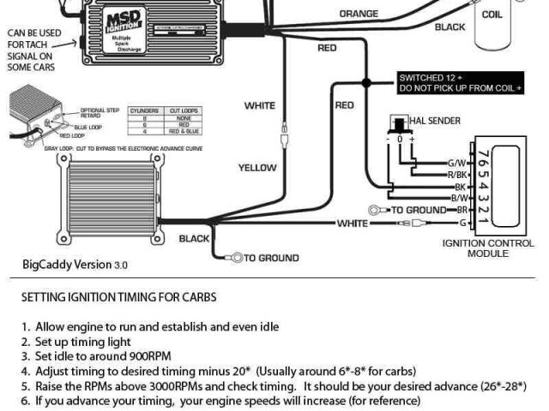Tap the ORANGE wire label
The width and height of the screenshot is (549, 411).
(x=359, y=14)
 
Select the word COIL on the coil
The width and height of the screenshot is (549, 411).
(x=492, y=15)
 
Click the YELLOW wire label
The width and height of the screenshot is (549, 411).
(x=257, y=168)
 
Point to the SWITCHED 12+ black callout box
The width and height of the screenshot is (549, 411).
(x=461, y=83)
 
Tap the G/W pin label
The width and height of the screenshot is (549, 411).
(x=457, y=163)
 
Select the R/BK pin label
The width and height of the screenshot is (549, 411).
(x=457, y=175)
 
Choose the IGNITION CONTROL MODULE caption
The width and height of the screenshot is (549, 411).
(x=487, y=248)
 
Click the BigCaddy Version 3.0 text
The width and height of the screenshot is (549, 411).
(x=75, y=265)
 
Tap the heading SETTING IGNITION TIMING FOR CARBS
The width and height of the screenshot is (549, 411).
(x=118, y=298)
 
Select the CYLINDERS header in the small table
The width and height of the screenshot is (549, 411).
(x=143, y=111)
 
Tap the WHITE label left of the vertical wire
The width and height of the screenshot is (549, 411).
(x=260, y=106)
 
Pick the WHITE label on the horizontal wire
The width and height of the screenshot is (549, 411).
(x=352, y=223)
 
